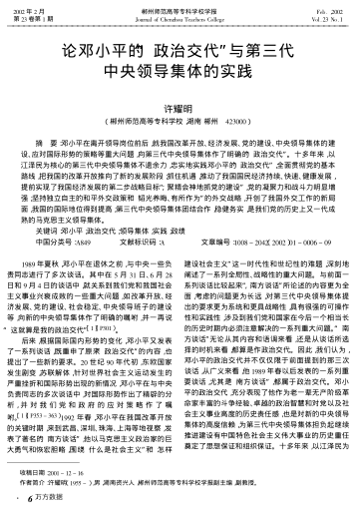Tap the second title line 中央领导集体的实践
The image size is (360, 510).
click(x=180, y=72)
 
